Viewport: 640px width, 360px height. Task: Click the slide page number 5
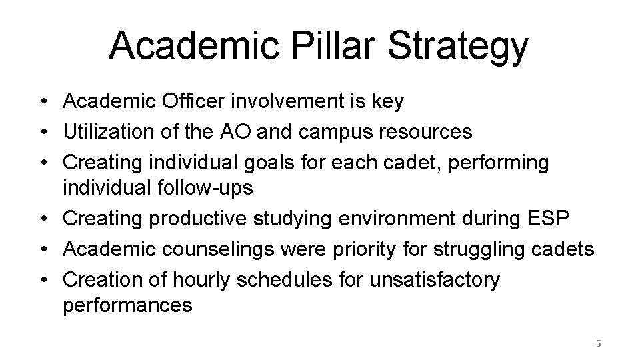tap(598, 344)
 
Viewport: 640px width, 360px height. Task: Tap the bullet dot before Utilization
tap(41, 132)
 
